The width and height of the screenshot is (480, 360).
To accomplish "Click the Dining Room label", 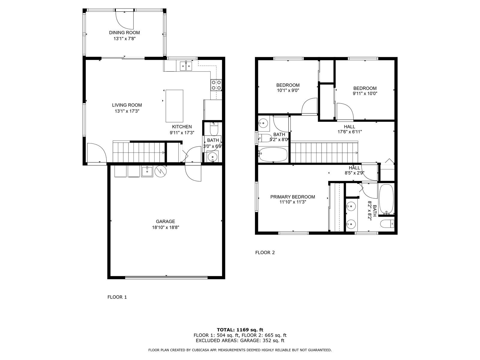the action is pos(124,33).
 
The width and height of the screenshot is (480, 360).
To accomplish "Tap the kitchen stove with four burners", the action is pos(216,85).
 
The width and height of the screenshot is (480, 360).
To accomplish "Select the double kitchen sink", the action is pos(186,66).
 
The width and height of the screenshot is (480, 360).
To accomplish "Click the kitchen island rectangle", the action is pos(174,106).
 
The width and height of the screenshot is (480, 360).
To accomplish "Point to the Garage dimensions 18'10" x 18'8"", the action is pos(166,227).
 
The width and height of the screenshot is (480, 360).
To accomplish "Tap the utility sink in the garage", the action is pos(147,172).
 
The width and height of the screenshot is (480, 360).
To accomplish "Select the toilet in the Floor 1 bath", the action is pos(214,129).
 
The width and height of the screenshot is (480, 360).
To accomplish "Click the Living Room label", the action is pos(127,105).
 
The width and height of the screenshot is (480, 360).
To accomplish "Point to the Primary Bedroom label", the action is pos(292,197).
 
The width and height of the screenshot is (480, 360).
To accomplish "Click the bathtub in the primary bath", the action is pos(386,199).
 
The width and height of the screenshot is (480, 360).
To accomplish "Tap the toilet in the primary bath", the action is pos(387,224).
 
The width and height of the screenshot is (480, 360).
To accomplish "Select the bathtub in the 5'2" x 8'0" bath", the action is pos(272,154).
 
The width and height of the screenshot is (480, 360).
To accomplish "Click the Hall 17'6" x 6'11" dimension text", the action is pos(350,132).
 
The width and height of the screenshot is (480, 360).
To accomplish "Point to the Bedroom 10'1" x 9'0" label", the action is pos(288,88).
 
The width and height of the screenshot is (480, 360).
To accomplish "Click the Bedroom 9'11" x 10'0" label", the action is pos(365,91).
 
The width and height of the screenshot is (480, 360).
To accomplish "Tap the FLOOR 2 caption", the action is pos(265,253).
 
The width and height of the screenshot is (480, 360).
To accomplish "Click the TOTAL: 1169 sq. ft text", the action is pos(240,330).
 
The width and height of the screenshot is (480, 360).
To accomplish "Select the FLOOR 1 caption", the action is pos(117,297).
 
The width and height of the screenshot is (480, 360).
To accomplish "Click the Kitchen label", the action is pos(182,127).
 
